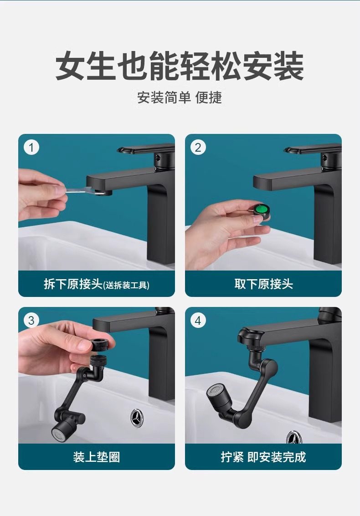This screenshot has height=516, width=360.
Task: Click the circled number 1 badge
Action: pyautogui.click(x=31, y=148)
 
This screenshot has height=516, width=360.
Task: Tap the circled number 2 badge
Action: pyautogui.click(x=198, y=148)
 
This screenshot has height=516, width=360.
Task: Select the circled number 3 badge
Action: pyautogui.click(x=31, y=320)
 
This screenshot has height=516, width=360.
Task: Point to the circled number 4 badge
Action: pyautogui.click(x=198, y=320)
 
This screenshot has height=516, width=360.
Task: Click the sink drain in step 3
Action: pyautogui.click(x=137, y=418)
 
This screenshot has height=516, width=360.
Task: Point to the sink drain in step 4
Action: pyautogui.click(x=294, y=437)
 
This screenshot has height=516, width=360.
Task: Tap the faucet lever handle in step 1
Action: pyautogui.click(x=145, y=150)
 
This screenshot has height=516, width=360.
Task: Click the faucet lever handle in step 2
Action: pyautogui.click(x=313, y=150)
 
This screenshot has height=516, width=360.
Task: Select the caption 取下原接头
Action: pyautogui.click(x=263, y=284)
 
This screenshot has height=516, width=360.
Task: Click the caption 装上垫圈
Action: pyautogui.click(x=97, y=457)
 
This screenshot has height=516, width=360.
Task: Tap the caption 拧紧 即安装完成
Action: pyautogui.click(x=263, y=457)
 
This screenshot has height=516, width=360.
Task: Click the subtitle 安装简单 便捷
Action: pyautogui.click(x=180, y=97)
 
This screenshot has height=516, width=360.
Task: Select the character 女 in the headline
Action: pyautogui.click(x=70, y=66)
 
